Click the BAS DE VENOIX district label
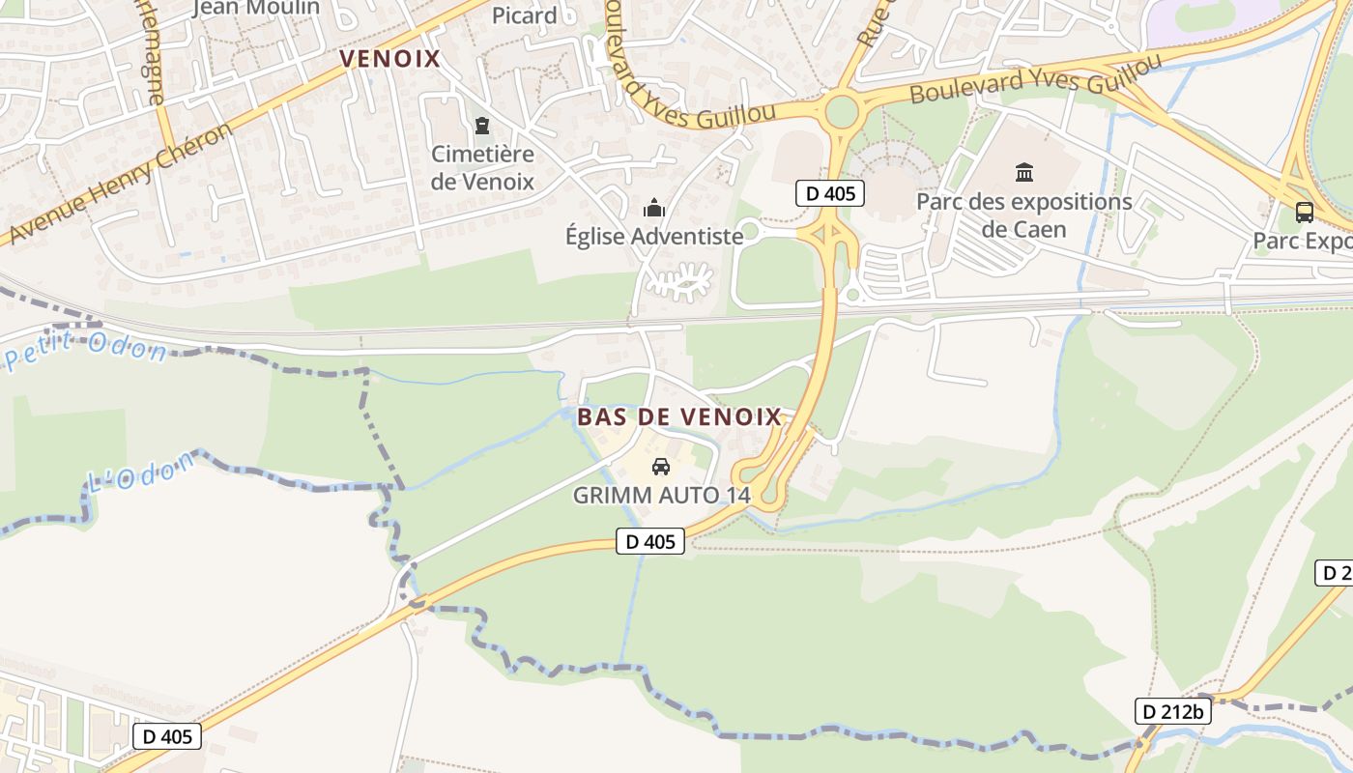pyautogui.click(x=679, y=417)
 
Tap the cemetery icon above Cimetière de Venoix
pyautogui.click(x=481, y=126)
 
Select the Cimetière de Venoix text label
pyautogui.click(x=482, y=167)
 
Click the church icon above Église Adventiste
pyautogui.click(x=654, y=208)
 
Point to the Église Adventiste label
pyautogui.click(x=654, y=237)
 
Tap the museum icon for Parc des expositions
pyautogui.click(x=1023, y=173)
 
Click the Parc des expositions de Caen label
pyautogui.click(x=1023, y=215)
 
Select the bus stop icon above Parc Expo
pyautogui.click(x=1304, y=212)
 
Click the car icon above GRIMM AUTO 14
pyautogui.click(x=661, y=467)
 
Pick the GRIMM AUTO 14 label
pyautogui.click(x=661, y=496)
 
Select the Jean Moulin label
pyautogui.click(x=256, y=9)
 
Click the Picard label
pyautogui.click(x=525, y=15)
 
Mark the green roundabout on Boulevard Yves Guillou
pyautogui.click(x=842, y=112)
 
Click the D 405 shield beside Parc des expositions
pyautogui.click(x=830, y=193)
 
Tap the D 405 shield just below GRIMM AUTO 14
pyautogui.click(x=650, y=541)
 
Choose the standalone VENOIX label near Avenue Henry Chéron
pyautogui.click(x=389, y=59)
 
